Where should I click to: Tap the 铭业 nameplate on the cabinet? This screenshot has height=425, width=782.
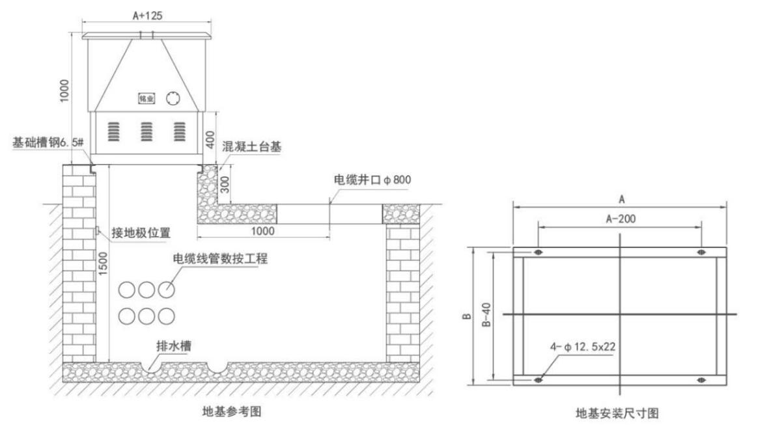[x=147, y=99]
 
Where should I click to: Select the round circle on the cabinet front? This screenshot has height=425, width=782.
[x=173, y=98]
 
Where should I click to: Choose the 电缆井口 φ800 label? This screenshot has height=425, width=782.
[x=372, y=179]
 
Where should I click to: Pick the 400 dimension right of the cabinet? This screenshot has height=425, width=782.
[x=209, y=138]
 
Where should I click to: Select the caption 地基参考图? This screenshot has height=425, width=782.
[x=234, y=411]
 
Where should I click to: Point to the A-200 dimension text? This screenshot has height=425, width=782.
[x=621, y=219]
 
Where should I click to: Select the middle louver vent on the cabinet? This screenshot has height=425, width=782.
[x=147, y=131]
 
